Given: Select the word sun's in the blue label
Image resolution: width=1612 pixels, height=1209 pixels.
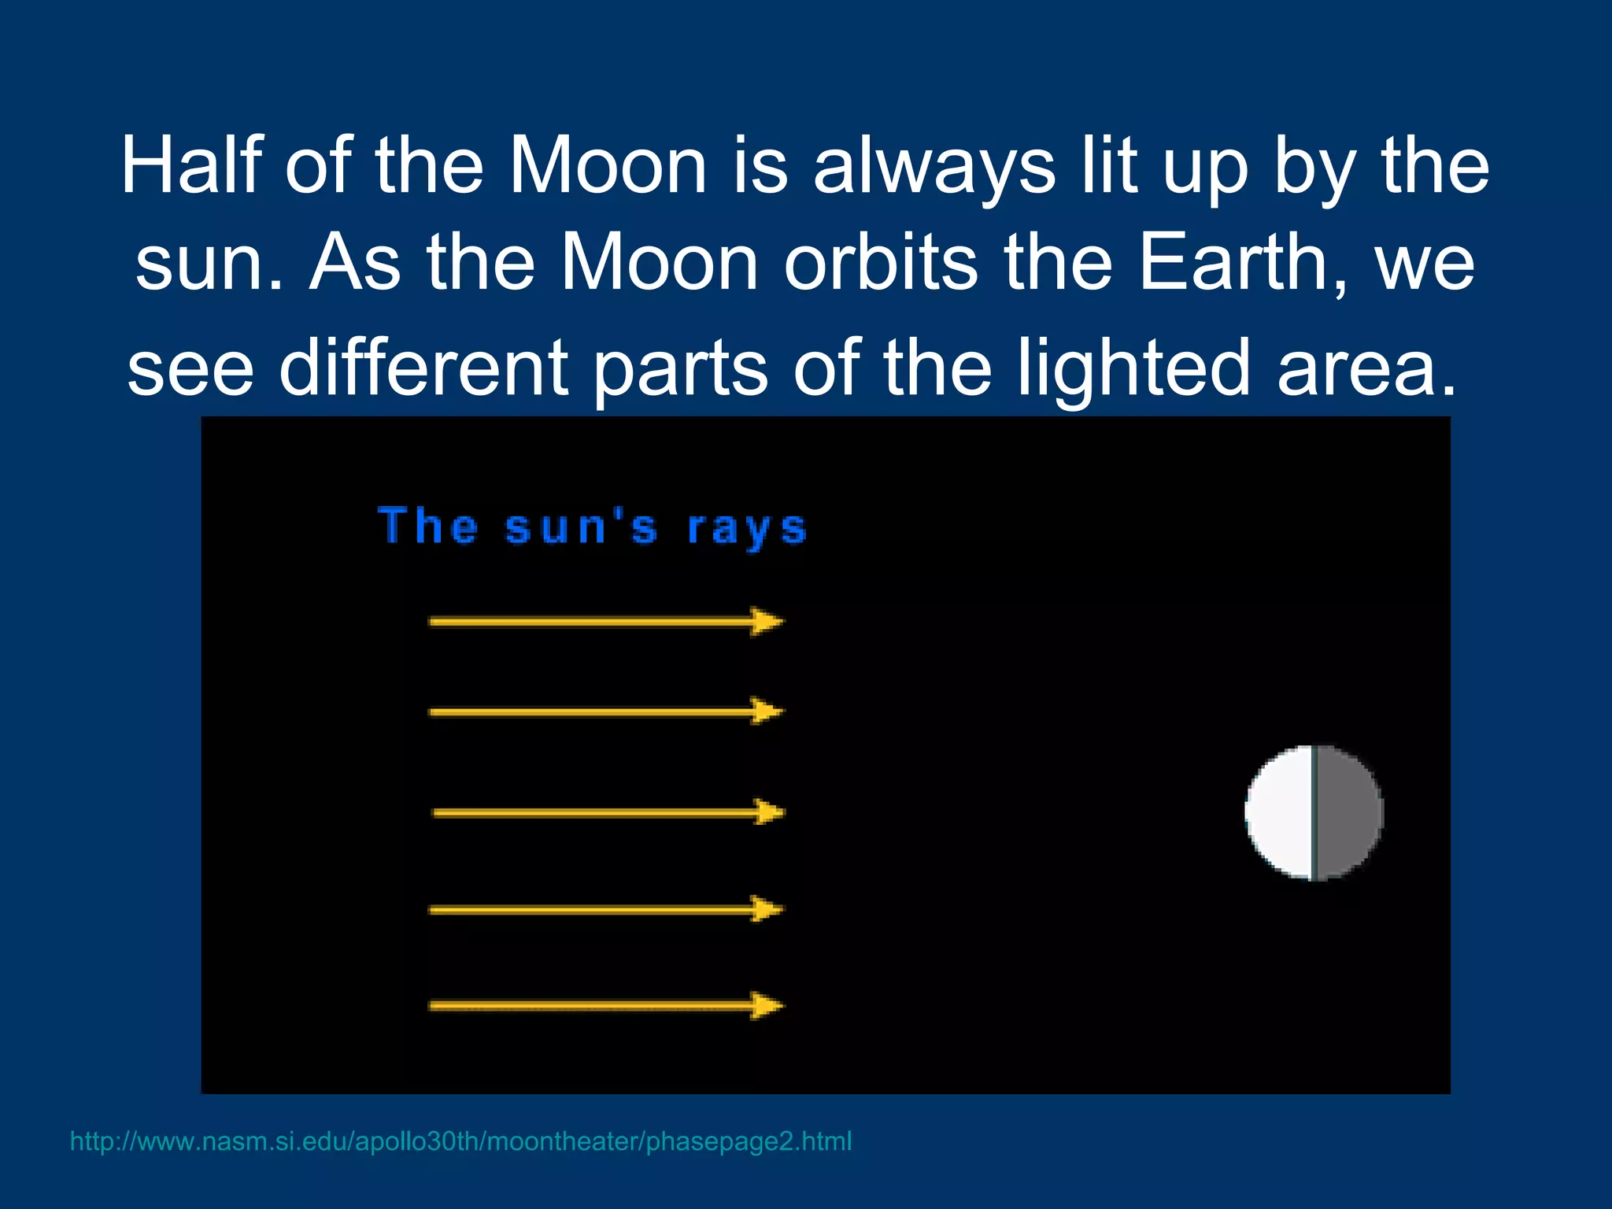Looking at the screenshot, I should coord(580,527).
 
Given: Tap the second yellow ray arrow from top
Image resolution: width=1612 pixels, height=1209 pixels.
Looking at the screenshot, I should coord(606,712).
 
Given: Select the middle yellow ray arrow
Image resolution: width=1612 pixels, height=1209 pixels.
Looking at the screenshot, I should coord(608,812).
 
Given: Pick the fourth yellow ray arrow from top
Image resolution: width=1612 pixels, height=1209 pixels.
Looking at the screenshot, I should coord(606,910).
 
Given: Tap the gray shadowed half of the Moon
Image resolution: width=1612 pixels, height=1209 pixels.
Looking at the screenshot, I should coord(1348,812).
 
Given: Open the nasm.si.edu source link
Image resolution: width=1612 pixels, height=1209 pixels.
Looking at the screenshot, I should coord(460,1141).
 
